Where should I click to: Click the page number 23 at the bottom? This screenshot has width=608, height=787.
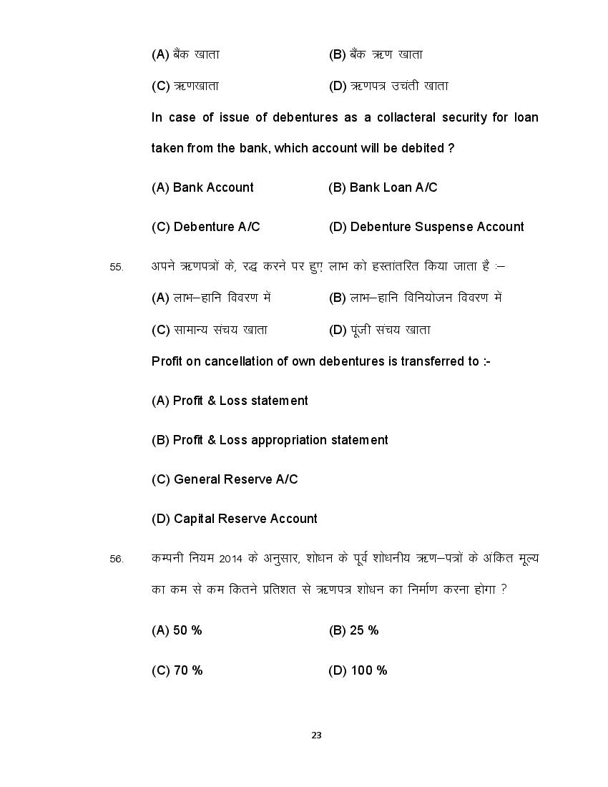pos(317,735)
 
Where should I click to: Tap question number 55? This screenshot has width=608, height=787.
pos(117,267)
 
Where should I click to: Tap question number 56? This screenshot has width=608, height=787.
pos(117,559)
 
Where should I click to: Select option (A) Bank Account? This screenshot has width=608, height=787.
pos(202,187)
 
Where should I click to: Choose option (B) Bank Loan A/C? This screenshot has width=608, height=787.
pos(383,187)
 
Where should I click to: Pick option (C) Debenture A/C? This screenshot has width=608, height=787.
pos(206,227)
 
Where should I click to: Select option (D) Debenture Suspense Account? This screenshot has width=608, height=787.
pos(426,227)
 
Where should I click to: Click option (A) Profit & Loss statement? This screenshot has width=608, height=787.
pos(230,401)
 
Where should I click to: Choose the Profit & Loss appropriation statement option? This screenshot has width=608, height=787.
pos(270,440)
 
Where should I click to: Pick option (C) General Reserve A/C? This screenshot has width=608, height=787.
pos(225,479)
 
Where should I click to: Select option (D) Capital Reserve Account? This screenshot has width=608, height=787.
pos(235,519)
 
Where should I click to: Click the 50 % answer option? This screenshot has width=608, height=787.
pos(177,630)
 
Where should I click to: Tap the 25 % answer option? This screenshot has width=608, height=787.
pos(353,630)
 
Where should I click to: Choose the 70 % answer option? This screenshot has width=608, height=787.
pos(177,670)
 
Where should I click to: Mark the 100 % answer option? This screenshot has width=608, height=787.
pos(358,670)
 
